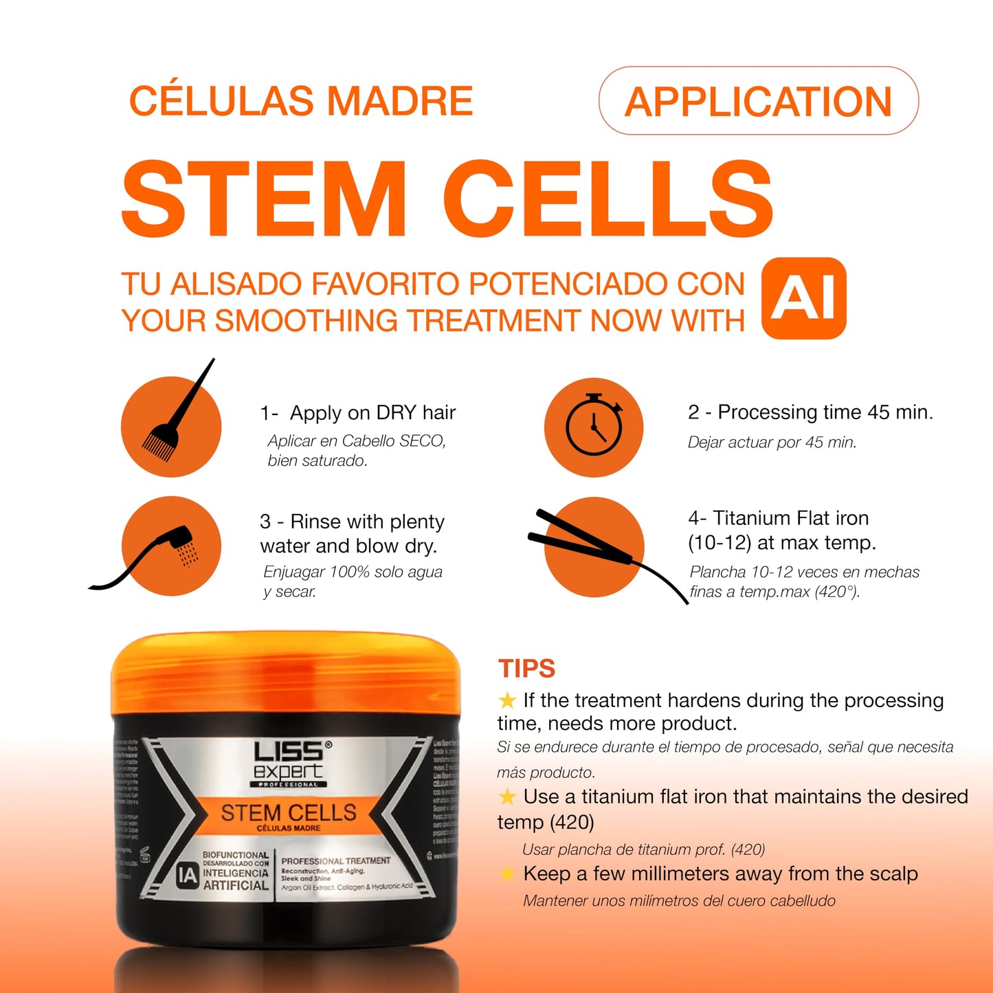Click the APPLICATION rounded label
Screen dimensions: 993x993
click(x=758, y=101)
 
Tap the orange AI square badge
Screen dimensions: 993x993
click(x=804, y=298)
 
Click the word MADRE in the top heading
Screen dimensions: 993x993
click(x=400, y=101)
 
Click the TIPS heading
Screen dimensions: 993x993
click(x=526, y=669)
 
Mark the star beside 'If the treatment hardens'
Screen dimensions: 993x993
click(x=507, y=700)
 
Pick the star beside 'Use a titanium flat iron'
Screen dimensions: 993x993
click(x=507, y=796)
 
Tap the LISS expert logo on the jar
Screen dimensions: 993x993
click(x=289, y=763)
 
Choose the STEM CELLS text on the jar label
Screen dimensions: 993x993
click(x=289, y=813)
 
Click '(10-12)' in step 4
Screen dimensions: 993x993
click(x=719, y=543)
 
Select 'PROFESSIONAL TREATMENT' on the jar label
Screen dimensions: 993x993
click(x=335, y=860)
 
